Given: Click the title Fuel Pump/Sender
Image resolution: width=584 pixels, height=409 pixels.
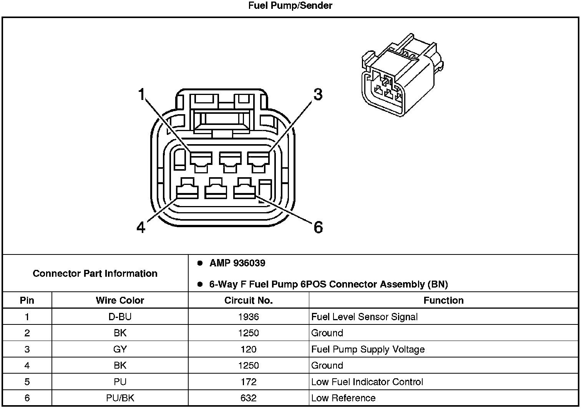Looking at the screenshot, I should [x=290, y=6].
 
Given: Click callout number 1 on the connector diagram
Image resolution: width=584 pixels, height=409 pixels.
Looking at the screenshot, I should [x=142, y=94].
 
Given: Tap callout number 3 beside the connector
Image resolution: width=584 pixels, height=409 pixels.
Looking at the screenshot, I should [x=318, y=95].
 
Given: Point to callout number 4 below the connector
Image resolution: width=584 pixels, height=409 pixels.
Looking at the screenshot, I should [x=141, y=228].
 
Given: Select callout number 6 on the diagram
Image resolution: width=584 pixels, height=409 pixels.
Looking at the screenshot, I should [x=318, y=228].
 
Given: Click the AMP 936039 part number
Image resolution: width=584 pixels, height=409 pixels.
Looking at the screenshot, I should [x=237, y=263].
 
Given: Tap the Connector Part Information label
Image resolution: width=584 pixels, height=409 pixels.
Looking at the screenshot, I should [x=95, y=273].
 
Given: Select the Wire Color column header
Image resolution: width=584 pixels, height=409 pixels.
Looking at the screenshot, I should [x=120, y=300].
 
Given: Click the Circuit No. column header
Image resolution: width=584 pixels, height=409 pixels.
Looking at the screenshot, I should [x=248, y=300].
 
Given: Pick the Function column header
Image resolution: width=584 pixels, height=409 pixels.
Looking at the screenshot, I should [x=443, y=300].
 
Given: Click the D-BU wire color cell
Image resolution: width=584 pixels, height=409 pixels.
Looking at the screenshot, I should [x=120, y=317].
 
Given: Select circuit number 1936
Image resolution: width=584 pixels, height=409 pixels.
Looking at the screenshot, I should [x=248, y=317].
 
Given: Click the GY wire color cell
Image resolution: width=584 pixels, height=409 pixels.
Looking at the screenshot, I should [x=120, y=349].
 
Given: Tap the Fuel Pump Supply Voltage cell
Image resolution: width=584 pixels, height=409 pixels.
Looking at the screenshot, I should [x=368, y=349].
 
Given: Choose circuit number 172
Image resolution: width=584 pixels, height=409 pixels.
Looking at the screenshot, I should [x=248, y=382].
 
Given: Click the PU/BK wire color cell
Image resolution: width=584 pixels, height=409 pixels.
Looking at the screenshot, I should [x=120, y=398].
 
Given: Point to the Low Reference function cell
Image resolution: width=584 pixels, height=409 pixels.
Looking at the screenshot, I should [x=343, y=398].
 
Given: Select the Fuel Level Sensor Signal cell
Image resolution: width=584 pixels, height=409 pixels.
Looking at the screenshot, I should [x=364, y=317].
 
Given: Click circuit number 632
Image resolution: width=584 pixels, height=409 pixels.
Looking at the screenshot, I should [x=248, y=398].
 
